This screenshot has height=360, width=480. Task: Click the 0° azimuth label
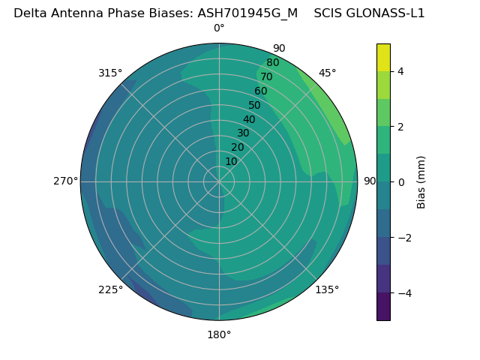click(x=219, y=28)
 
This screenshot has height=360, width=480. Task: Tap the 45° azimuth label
click(x=328, y=73)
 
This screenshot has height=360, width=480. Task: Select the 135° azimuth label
click(x=327, y=289)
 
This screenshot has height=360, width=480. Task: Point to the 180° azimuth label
click(x=219, y=334)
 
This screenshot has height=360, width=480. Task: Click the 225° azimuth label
click(x=110, y=289)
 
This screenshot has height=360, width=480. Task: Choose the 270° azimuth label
click(x=65, y=181)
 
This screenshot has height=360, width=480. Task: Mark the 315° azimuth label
click(x=110, y=73)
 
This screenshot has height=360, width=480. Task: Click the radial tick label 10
click(x=231, y=161)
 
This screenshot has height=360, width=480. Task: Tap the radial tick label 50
click(x=255, y=106)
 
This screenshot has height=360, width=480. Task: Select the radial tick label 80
click(x=273, y=63)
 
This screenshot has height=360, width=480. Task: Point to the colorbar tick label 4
click(x=401, y=71)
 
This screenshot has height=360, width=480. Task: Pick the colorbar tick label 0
click(x=401, y=182)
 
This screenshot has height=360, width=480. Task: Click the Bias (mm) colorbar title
click(x=421, y=182)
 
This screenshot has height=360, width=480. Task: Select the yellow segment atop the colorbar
click(x=383, y=58)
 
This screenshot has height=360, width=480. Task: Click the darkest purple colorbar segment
click(x=383, y=306)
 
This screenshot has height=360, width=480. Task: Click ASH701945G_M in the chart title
click(x=247, y=13)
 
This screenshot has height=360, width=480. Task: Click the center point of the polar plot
click(x=219, y=181)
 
